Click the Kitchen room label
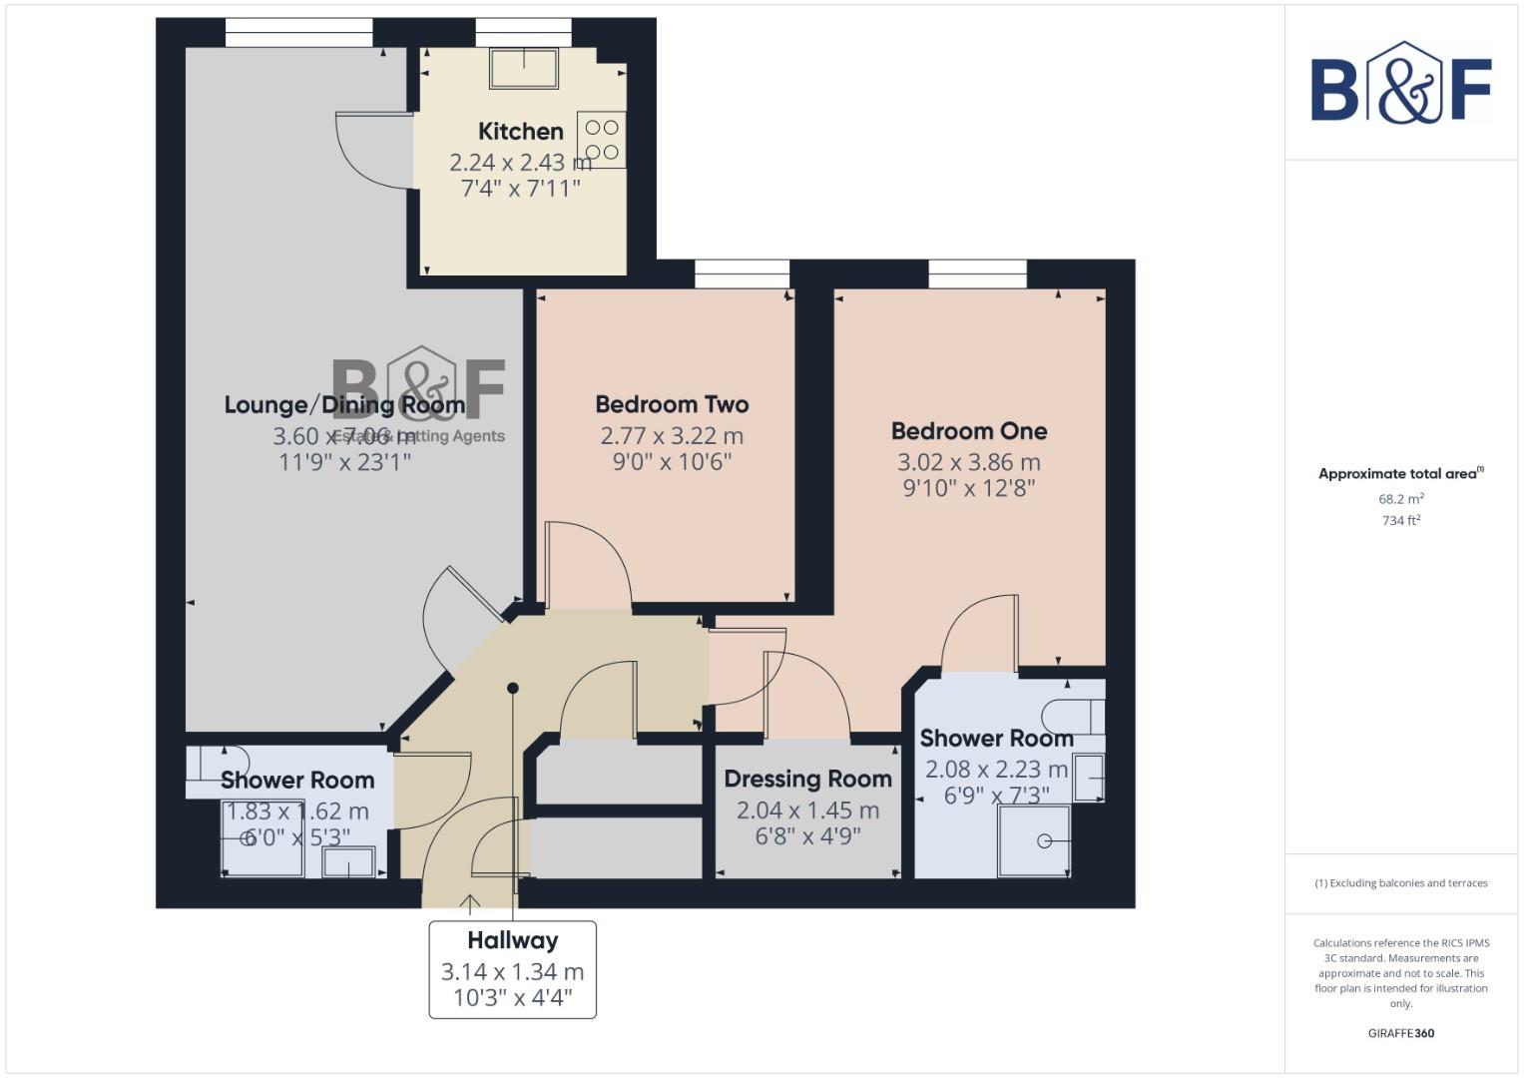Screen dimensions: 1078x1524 520,131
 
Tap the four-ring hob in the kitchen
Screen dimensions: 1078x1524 602,140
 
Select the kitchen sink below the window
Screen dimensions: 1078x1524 524,68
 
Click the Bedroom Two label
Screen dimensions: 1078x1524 672,404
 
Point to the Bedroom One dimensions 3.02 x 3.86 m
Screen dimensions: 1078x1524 968,462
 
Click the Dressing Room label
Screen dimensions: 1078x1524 807,779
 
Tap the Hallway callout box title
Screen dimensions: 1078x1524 512,940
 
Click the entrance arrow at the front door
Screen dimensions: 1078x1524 469,903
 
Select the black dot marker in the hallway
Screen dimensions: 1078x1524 513,688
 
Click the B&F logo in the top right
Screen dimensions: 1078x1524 1400,84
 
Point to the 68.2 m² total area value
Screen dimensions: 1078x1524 1400,498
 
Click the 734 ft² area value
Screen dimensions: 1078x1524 1400,520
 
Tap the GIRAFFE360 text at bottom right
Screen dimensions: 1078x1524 1400,1033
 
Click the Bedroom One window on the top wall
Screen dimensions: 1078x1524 977,273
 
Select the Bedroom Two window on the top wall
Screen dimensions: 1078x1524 742,273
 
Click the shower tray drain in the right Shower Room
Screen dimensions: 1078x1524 1044,841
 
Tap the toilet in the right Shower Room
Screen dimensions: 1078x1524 1072,716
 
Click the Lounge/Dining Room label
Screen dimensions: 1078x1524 344,404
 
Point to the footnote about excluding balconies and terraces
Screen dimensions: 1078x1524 1400,883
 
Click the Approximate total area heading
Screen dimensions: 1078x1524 1400,474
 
